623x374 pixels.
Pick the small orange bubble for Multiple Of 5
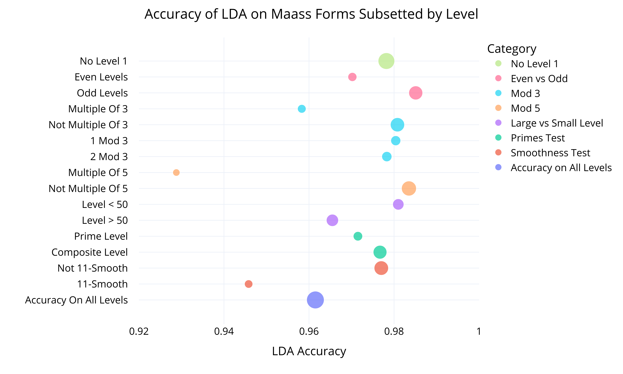(176, 172)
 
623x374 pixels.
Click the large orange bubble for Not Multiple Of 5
(409, 188)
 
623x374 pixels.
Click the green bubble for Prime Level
(358, 236)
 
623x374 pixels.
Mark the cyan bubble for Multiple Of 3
(302, 109)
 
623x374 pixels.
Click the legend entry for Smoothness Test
(550, 153)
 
